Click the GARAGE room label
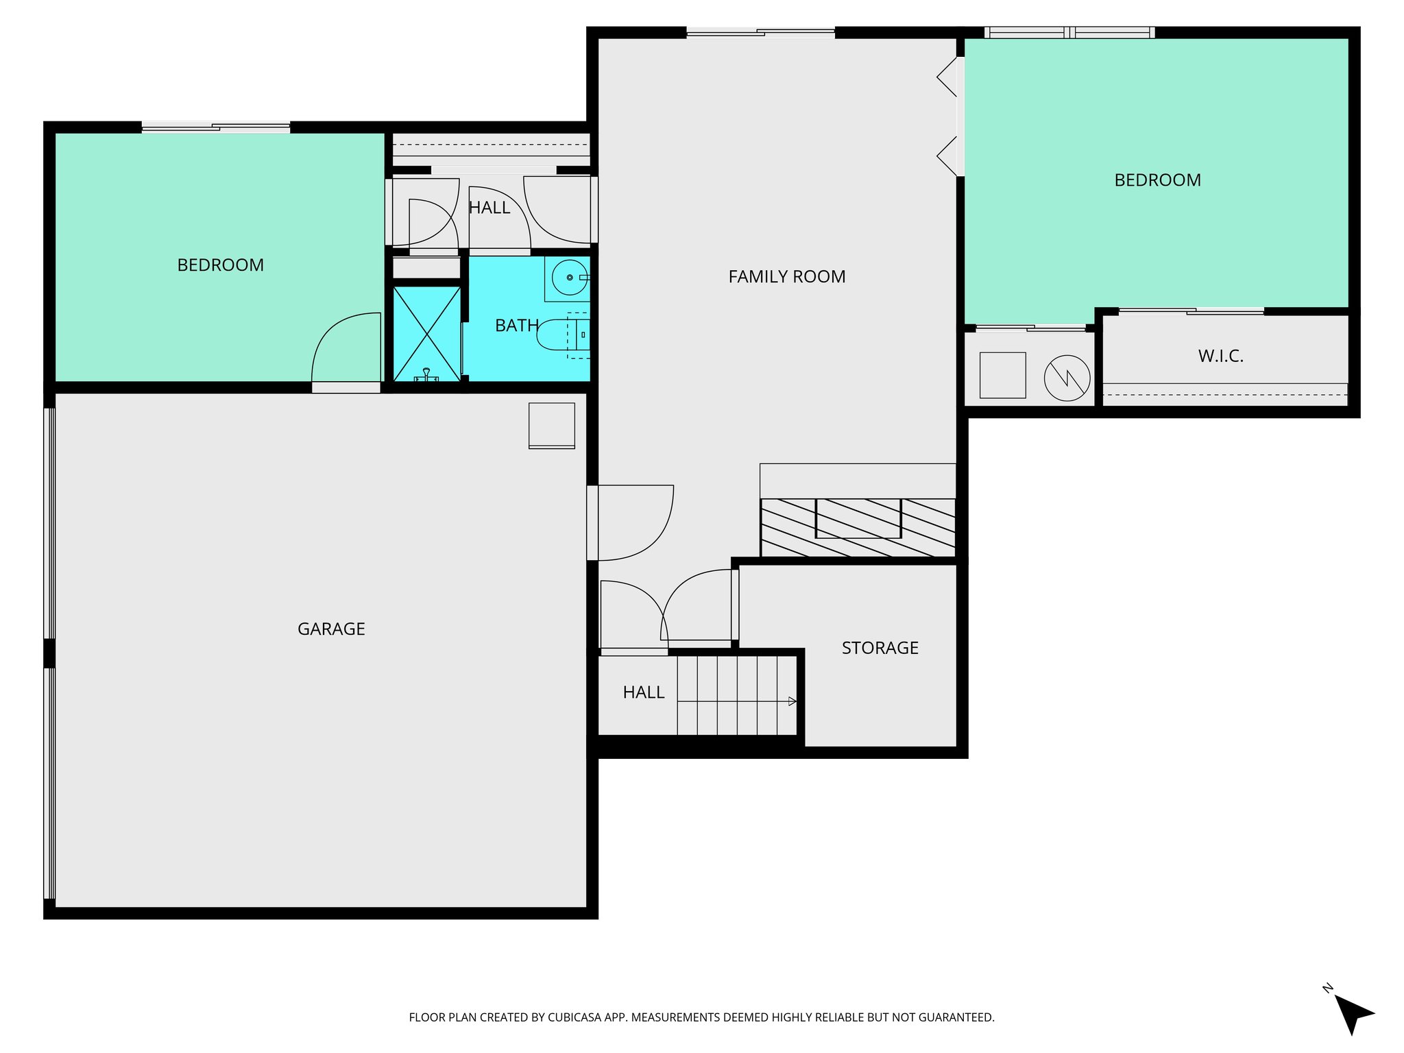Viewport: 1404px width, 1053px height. (331, 629)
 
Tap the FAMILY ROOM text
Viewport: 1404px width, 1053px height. (786, 276)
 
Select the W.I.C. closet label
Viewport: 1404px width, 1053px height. (1220, 356)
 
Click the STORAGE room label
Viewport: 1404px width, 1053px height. (880, 648)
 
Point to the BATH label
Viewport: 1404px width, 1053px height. (516, 326)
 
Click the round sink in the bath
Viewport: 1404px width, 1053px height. (570, 278)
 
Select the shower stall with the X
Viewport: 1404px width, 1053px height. (426, 334)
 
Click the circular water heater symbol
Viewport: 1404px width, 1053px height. (1067, 378)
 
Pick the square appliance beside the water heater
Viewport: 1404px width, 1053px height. (1002, 375)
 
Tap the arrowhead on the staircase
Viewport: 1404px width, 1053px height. (792, 701)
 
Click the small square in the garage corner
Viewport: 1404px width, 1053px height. (551, 426)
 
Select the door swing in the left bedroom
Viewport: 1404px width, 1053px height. (346, 348)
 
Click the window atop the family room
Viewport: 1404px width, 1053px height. (760, 32)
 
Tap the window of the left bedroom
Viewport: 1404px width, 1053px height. (216, 127)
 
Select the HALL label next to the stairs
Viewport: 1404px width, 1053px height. (643, 692)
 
